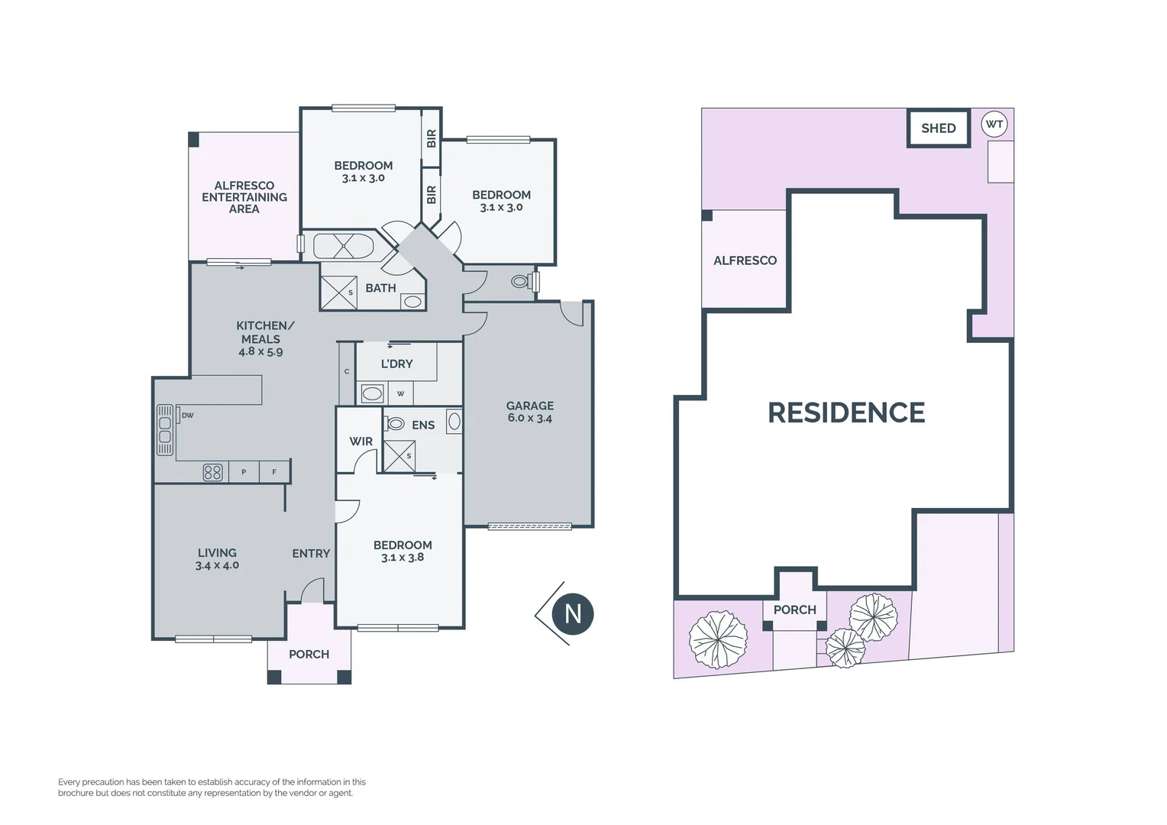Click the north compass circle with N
click(573, 613)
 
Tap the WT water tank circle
click(994, 125)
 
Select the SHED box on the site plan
click(938, 128)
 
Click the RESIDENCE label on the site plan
click(845, 413)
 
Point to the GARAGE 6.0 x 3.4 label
click(529, 412)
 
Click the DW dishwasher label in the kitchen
click(187, 416)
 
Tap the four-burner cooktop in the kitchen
click(212, 472)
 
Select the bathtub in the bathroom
click(343, 246)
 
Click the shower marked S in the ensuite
click(399, 456)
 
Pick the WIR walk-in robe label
click(360, 442)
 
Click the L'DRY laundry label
click(396, 364)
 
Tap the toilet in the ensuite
click(395, 423)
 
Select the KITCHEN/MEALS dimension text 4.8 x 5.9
click(260, 352)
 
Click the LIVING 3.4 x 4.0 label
click(217, 558)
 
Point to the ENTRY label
click(311, 553)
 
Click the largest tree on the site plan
click(718, 639)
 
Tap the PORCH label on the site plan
click(794, 610)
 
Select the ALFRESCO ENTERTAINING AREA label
click(244, 197)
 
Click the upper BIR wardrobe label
click(432, 138)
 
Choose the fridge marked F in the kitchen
click(274, 472)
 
